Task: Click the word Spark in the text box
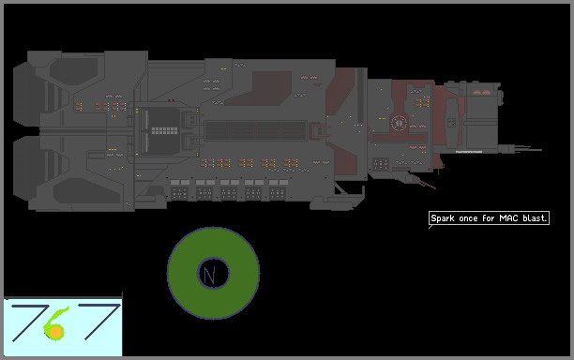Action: pyautogui.click(x=443, y=218)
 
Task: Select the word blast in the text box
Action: pyautogui.click(x=534, y=218)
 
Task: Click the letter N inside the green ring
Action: pyautogui.click(x=209, y=275)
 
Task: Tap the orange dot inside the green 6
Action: pyautogui.click(x=55, y=332)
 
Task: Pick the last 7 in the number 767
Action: pyautogui.click(x=99, y=322)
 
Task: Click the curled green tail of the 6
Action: pyautogui.click(x=58, y=314)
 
